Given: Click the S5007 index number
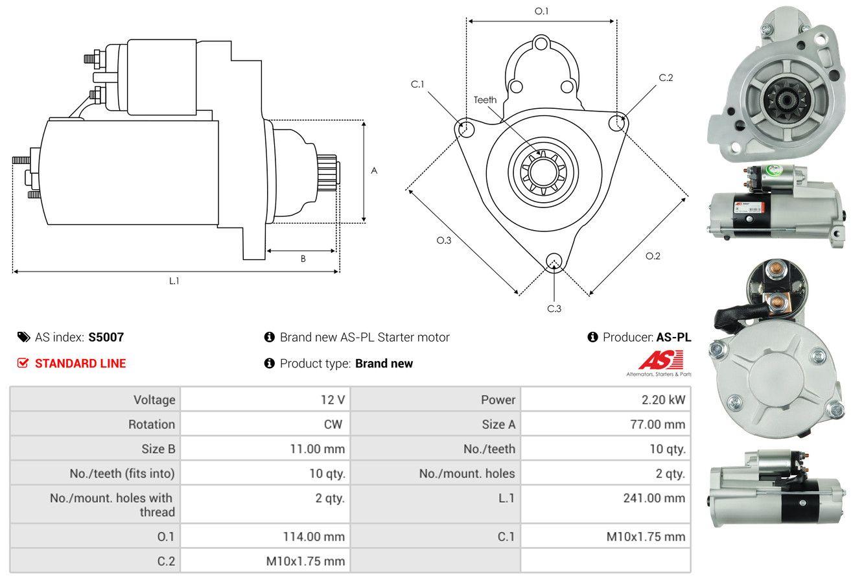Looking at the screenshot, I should pyautogui.click(x=106, y=337).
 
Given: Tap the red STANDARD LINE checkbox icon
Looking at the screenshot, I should pyautogui.click(x=23, y=363).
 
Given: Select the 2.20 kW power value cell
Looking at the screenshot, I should pyautogui.click(x=663, y=400).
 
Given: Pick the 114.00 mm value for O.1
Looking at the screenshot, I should pyautogui.click(x=314, y=537).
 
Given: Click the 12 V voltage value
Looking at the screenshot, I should pyautogui.click(x=333, y=400).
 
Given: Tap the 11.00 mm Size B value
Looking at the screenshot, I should pyautogui.click(x=318, y=448).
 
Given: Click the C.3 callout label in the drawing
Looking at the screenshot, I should pyautogui.click(x=554, y=308).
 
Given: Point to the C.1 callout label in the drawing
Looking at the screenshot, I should pyautogui.click(x=417, y=84).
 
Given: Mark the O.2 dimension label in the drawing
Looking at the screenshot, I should pyautogui.click(x=653, y=256).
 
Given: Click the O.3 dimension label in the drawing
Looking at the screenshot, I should pyautogui.click(x=443, y=240).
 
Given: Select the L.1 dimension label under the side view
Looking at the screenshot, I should pyautogui.click(x=174, y=281).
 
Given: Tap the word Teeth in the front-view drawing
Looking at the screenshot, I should pyautogui.click(x=485, y=100).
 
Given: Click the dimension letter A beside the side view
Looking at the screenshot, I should pyautogui.click(x=374, y=171).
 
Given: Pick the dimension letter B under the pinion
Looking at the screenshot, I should pyautogui.click(x=303, y=259).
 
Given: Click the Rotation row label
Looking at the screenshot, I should pyautogui.click(x=151, y=425).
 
